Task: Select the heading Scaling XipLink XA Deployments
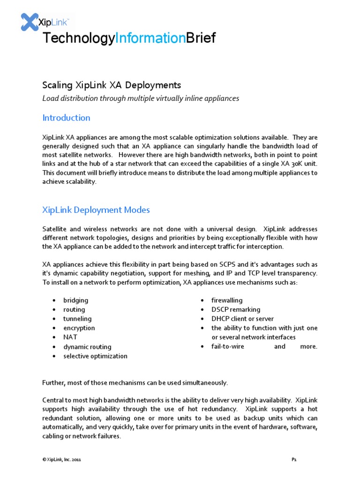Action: tap(112, 85)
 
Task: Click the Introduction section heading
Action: tap(66, 118)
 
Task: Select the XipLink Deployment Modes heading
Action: tap(96, 210)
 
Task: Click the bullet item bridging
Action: tap(75, 300)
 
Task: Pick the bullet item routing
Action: tap(74, 309)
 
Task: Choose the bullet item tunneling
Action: tap(77, 319)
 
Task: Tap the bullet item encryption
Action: tap(79, 328)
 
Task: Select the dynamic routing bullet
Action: tap(87, 347)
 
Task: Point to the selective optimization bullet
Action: tap(95, 356)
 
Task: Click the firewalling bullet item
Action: tap(227, 300)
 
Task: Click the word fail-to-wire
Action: tap(227, 347)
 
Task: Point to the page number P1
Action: tap(294, 460)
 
